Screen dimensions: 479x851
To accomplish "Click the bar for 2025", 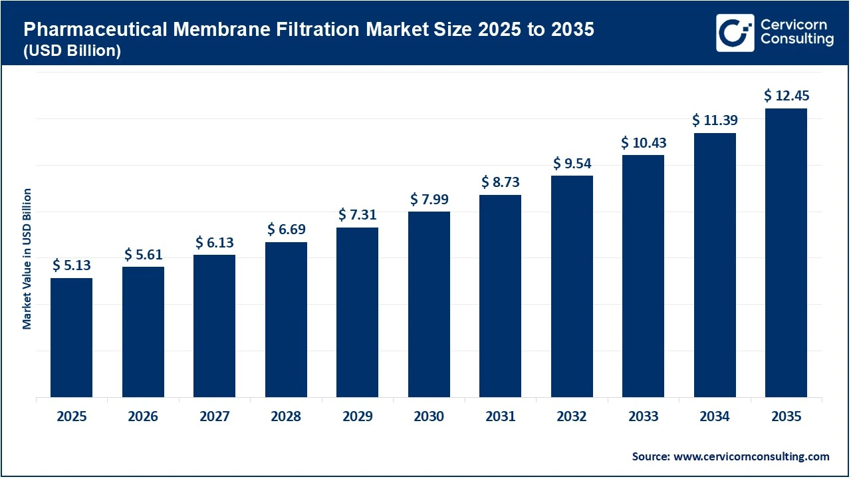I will click(71, 338).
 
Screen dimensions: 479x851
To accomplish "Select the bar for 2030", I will click(429, 305).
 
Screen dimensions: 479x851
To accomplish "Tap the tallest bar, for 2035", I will click(786, 253).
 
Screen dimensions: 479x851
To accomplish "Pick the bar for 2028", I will click(286, 320).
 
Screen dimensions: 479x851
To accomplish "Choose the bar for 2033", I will click(643, 276).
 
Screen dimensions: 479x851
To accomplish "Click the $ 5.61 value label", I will click(143, 254).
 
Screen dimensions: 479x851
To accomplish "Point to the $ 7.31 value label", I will click(358, 214).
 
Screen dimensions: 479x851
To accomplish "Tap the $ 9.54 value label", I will click(572, 163).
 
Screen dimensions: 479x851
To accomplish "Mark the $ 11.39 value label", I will click(715, 120).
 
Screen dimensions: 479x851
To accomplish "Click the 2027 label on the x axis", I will click(214, 417).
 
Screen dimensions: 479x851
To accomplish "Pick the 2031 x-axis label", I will click(500, 417).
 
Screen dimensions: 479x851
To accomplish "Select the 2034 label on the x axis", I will click(715, 417).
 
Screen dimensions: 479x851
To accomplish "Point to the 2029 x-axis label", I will click(358, 417).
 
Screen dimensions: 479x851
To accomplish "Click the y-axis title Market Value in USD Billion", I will click(27, 259).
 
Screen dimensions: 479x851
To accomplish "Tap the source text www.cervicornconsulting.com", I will click(751, 456).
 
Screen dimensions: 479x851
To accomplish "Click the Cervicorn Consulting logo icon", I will click(735, 33).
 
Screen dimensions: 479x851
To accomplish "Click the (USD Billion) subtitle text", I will click(72, 51).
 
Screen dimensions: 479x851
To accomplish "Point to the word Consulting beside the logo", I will click(796, 40).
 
